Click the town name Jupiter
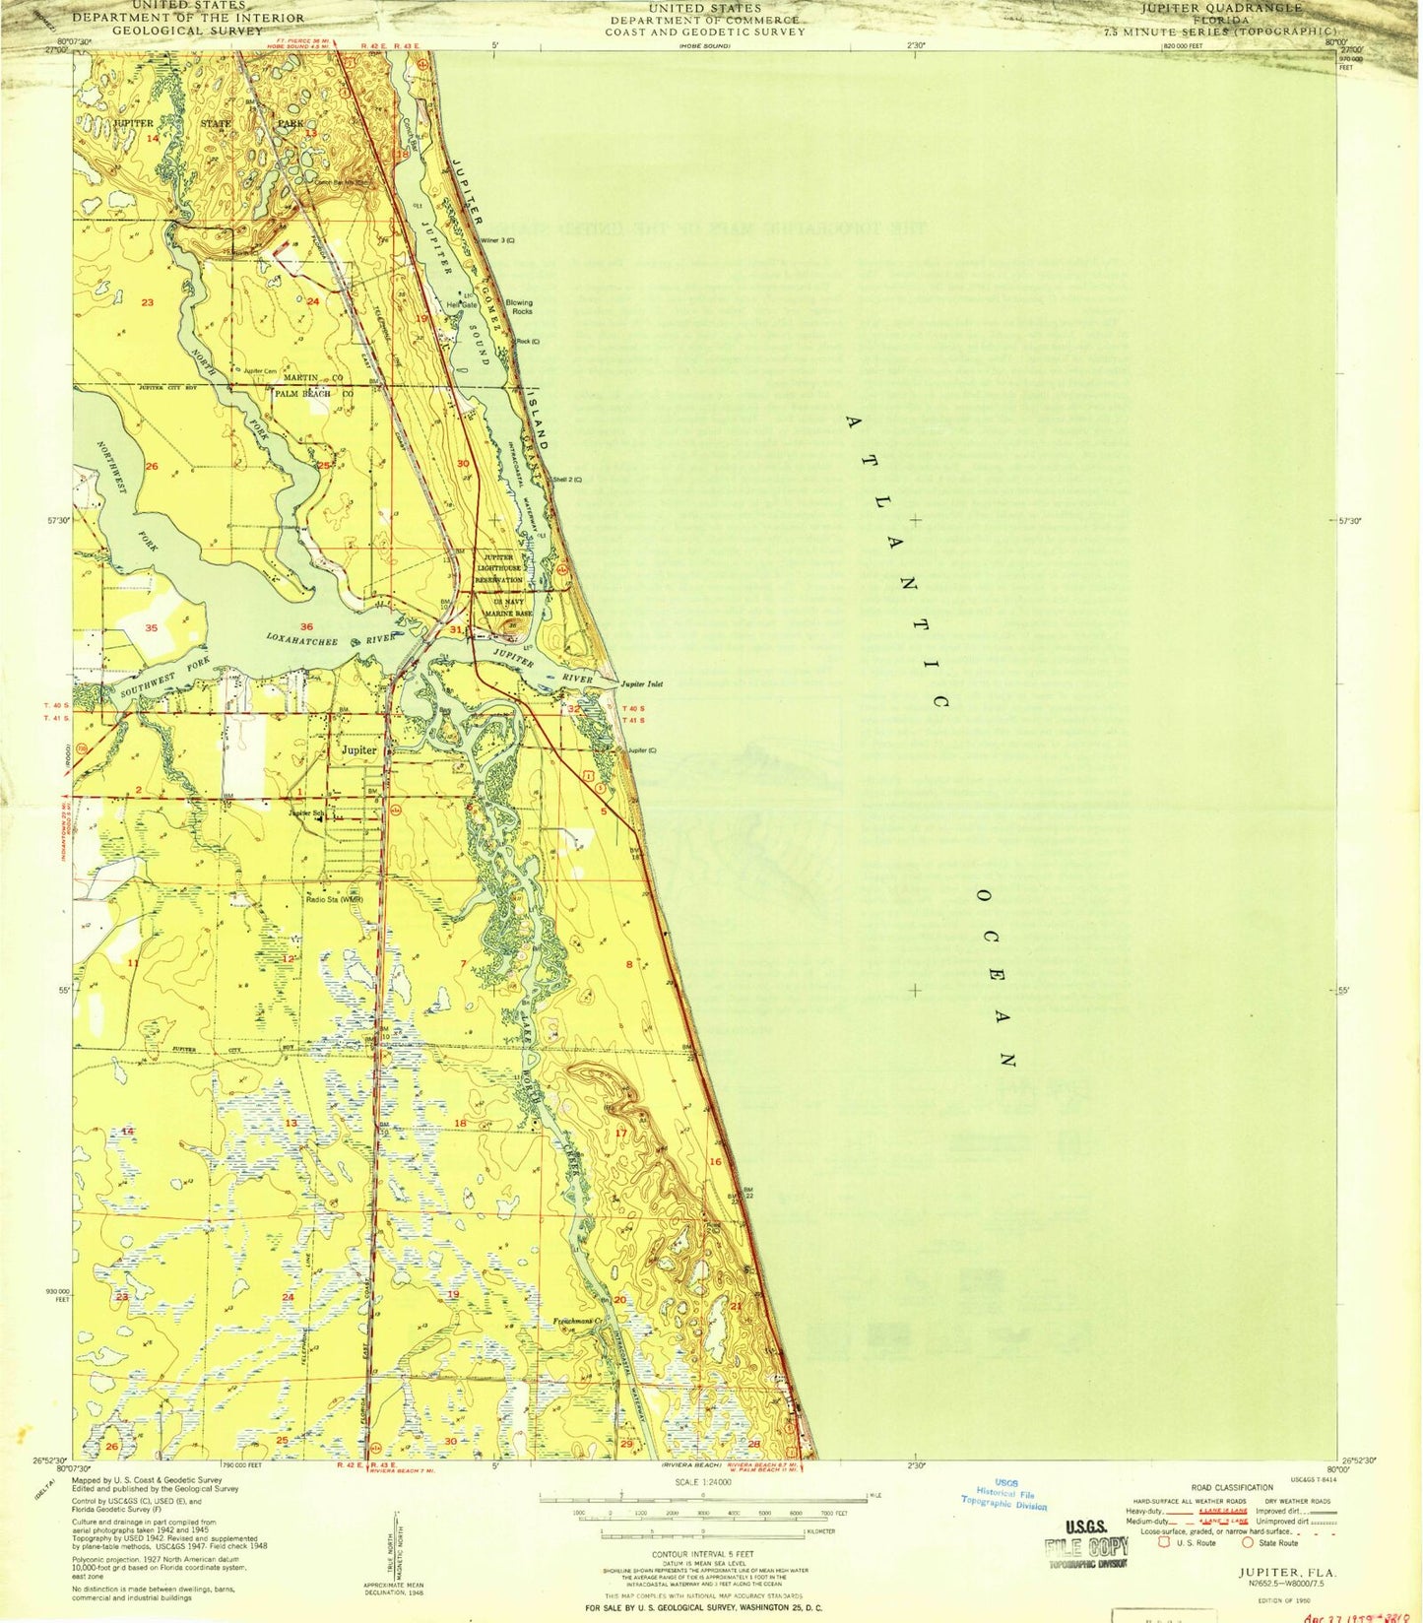point(358,749)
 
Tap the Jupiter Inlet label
point(641,683)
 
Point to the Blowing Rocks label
point(519,307)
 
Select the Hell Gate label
point(462,304)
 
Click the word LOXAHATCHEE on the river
point(303,638)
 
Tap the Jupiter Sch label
point(306,812)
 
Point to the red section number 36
point(306,626)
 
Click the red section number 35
point(151,627)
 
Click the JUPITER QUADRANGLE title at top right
point(1220,8)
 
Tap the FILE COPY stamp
point(1086,1547)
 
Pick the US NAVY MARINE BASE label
point(508,607)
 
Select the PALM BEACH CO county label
point(314,394)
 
